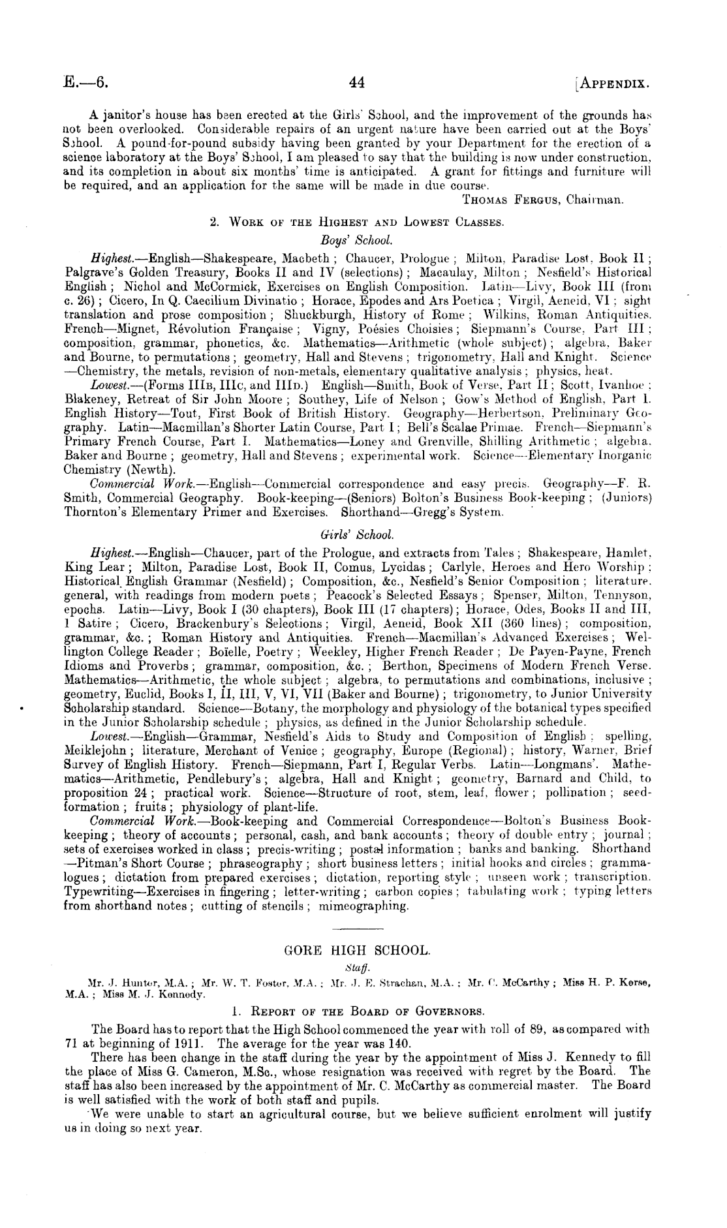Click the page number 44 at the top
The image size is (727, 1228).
tap(357, 83)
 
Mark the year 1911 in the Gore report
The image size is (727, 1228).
tap(154, 1043)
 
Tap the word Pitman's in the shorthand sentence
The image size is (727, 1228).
tap(95, 863)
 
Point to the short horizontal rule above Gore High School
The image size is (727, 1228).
tap(358, 928)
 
